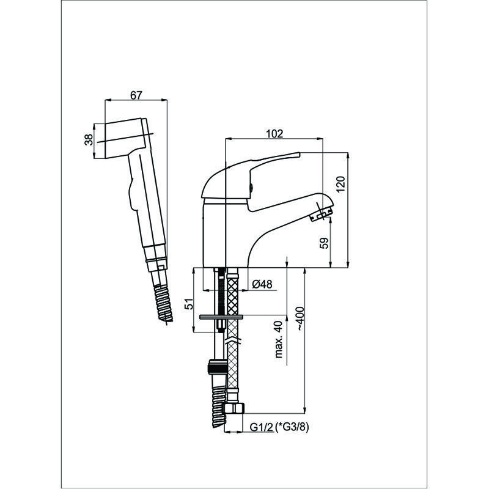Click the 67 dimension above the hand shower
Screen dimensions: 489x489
pyautogui.click(x=136, y=95)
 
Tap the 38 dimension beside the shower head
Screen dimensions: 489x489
pyautogui.click(x=89, y=139)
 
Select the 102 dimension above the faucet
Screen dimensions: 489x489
pyautogui.click(x=274, y=133)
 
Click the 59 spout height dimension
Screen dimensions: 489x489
pyautogui.click(x=325, y=243)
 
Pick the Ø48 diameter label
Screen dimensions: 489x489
pyautogui.click(x=262, y=284)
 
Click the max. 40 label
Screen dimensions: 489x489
pyautogui.click(x=278, y=339)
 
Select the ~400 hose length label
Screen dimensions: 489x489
pyautogui.click(x=300, y=318)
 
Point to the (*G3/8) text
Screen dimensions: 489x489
pyautogui.click(x=292, y=427)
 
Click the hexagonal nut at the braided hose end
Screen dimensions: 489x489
pyautogui.click(x=234, y=408)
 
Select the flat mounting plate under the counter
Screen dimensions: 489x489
pyautogui.click(x=221, y=317)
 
